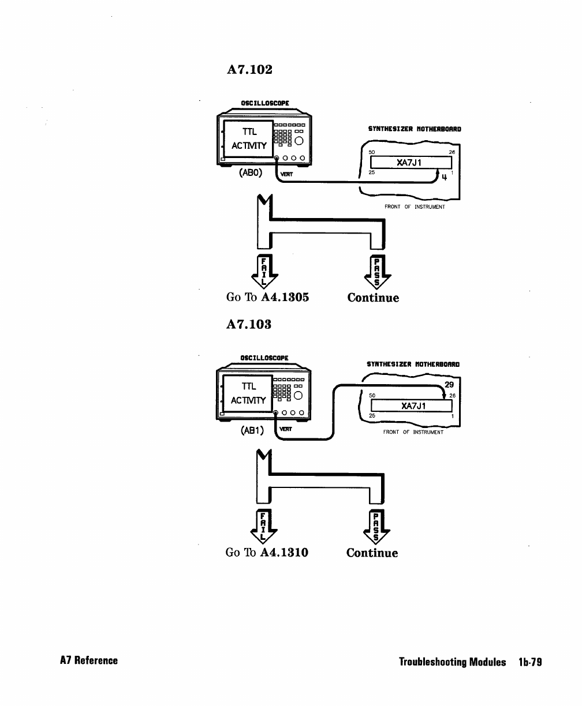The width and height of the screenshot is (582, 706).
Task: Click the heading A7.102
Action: pos(249,69)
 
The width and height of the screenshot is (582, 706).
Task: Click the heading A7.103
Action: pos(249,324)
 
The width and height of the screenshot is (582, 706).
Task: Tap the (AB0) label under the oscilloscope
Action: pos(251,173)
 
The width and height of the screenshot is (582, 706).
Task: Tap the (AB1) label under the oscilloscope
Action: pos(252,430)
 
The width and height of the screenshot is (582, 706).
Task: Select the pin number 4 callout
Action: pos(444,177)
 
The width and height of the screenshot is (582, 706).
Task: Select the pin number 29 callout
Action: pos(449,385)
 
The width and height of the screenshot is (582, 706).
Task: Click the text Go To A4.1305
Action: pos(267,297)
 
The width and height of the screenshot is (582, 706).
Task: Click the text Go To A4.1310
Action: pos(267,553)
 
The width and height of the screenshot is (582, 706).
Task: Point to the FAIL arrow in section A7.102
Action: pos(264,272)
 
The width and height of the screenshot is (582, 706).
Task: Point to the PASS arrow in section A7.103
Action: pos(376,527)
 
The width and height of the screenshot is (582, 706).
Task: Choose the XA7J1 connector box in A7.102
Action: pos(411,163)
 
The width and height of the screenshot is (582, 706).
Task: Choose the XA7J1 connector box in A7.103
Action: pos(411,405)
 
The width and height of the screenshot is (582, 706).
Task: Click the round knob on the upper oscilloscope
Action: pos(299,141)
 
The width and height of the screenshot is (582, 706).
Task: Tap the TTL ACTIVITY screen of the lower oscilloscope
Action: pos(248,393)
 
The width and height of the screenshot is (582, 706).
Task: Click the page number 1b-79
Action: pos(530,662)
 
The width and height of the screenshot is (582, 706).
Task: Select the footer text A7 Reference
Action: pos(89,660)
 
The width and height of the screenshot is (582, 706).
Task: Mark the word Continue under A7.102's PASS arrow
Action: pos(373,298)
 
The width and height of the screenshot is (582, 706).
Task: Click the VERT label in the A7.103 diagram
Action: pos(285,429)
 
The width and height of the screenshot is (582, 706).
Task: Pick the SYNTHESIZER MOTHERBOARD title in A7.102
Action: pos(415,129)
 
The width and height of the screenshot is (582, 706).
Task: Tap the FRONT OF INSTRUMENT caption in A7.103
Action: pos(413,432)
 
